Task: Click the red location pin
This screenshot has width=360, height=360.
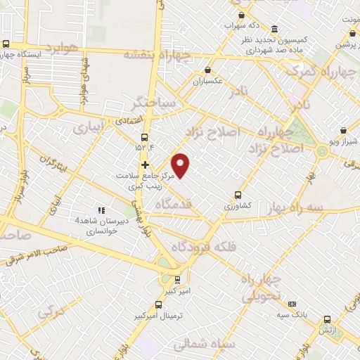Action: pos(181,165)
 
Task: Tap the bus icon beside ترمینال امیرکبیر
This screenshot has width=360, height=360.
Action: pos(158,305)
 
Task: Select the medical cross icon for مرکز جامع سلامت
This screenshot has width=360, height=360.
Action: pos(145,165)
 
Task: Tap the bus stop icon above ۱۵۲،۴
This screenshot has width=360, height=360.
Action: pos(145,137)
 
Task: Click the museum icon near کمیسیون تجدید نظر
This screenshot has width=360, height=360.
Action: pos(274,30)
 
